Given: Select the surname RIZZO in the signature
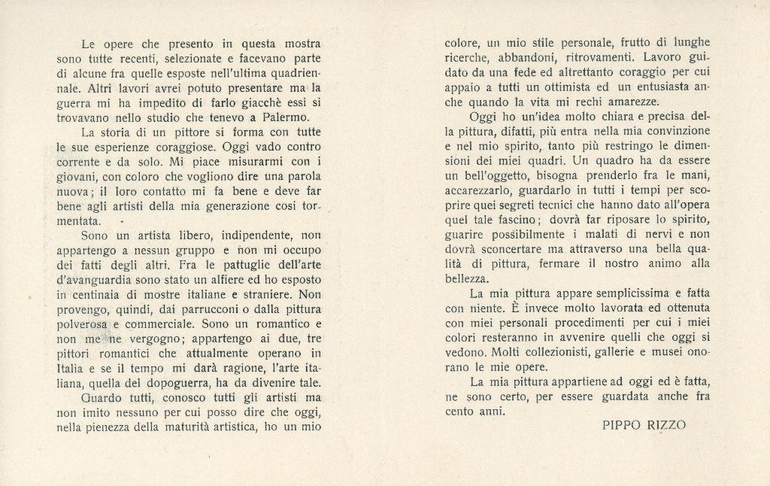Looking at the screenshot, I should (x=666, y=425).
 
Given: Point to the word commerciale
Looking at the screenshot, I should (x=161, y=323).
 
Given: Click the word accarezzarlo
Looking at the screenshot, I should (x=480, y=190).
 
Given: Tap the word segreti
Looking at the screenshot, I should (x=534, y=205).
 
